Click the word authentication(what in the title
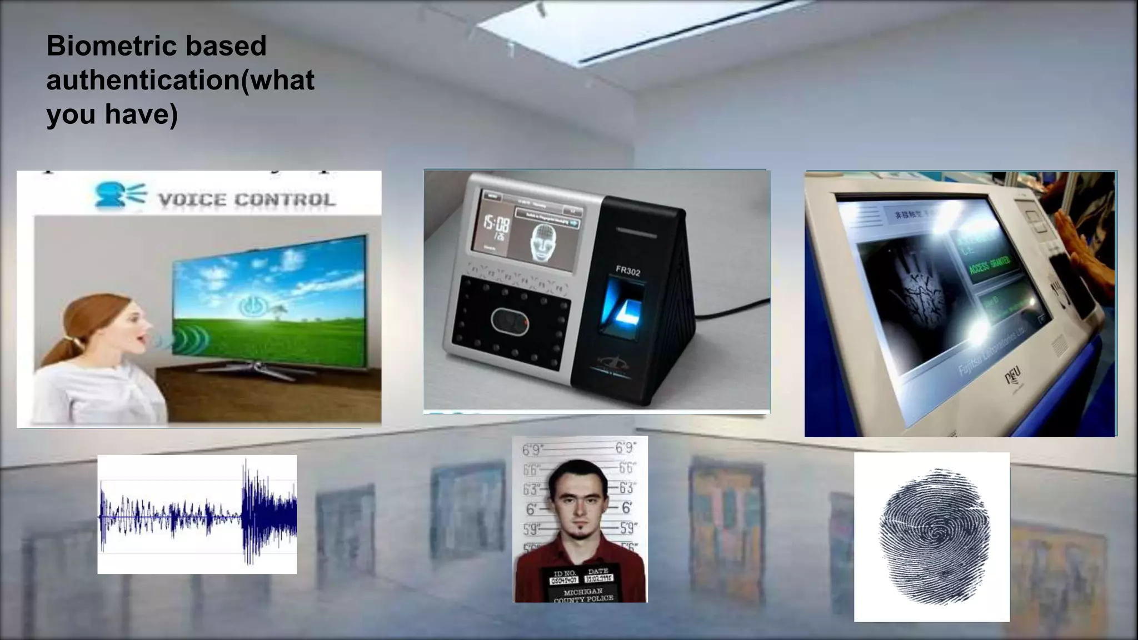[180, 80]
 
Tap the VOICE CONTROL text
[247, 200]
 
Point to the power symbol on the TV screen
[253, 306]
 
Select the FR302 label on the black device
[627, 271]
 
